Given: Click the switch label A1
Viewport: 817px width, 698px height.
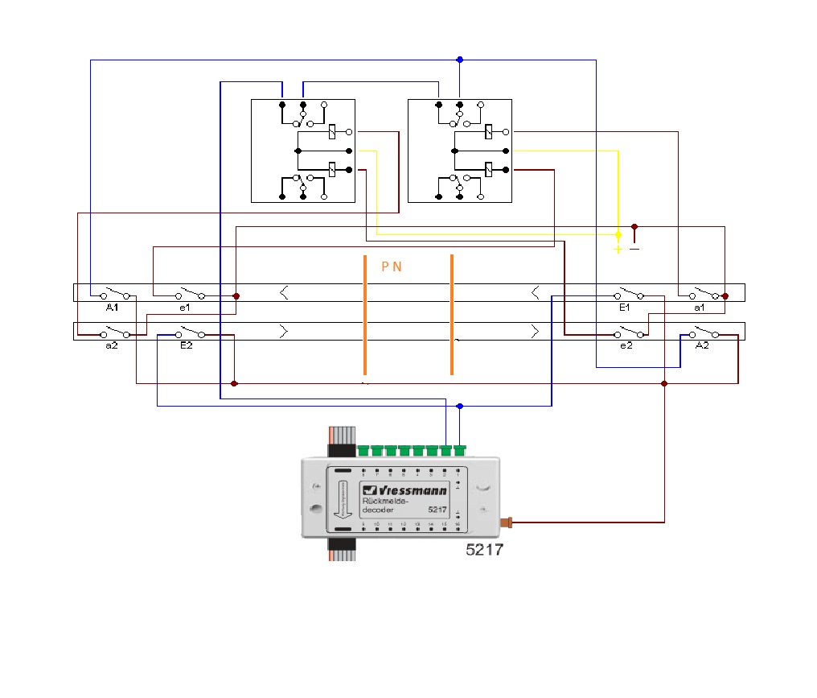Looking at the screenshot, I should tap(111, 308).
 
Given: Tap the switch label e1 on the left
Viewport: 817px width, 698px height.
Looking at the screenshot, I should tap(184, 308).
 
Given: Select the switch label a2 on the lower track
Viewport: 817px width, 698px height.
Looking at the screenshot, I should tap(109, 345).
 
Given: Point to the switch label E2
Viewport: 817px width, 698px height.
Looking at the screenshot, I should tap(186, 345).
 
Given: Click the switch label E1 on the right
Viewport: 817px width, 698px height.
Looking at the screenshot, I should tap(625, 308).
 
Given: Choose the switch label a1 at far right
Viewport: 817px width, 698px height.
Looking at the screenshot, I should tap(699, 308).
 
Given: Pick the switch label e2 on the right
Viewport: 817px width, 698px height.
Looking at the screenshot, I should tap(626, 345).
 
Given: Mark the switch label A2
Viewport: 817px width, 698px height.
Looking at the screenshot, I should tap(702, 345).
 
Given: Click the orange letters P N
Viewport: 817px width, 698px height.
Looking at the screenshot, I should tap(392, 266).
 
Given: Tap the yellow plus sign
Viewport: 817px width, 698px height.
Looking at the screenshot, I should tap(618, 249).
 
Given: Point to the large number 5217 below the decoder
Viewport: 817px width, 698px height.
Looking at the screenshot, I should tap(484, 551).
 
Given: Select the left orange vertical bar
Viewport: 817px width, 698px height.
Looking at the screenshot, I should tap(365, 315).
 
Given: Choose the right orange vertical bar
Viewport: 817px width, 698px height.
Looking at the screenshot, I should tap(452, 315).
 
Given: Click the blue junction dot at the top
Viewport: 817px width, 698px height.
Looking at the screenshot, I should tap(460, 60).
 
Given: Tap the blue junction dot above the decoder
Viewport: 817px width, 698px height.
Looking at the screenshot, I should tap(460, 407).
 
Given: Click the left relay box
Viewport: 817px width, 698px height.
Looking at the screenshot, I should tap(303, 151).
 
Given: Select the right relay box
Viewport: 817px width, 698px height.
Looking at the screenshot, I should tap(460, 151).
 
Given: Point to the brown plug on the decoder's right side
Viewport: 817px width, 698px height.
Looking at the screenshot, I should tap(507, 522).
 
